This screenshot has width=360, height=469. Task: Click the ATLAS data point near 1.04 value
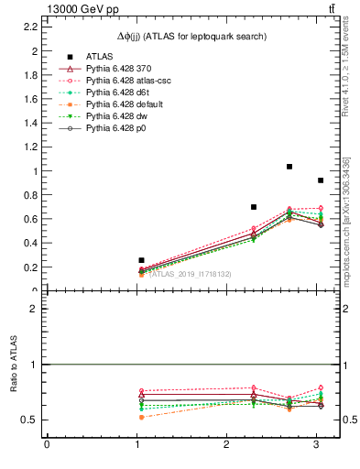tap(141, 260)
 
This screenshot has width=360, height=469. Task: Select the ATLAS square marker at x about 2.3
tap(254, 207)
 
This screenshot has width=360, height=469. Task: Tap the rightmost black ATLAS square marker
tap(320, 180)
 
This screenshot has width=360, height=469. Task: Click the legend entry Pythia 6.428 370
tap(123, 69)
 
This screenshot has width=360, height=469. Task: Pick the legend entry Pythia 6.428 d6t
tap(123, 93)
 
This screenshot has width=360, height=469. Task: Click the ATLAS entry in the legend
tap(101, 56)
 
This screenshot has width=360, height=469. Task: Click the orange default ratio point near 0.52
tap(141, 417)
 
